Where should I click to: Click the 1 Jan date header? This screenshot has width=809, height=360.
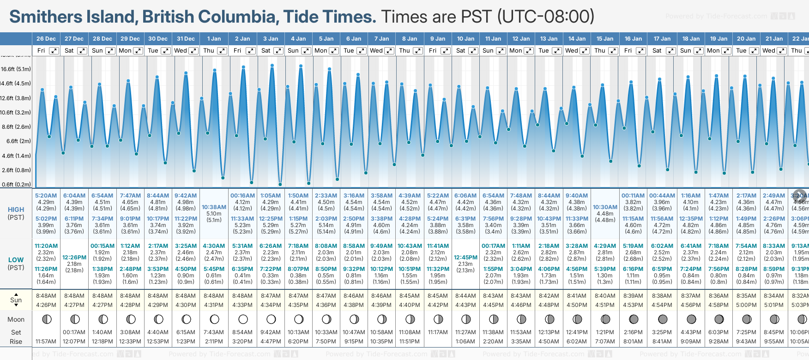pyautogui.click(x=214, y=39)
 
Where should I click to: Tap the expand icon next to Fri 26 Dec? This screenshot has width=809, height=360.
pyautogui.click(x=54, y=51)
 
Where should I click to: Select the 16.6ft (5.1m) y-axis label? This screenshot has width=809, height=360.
pyautogui.click(x=16, y=69)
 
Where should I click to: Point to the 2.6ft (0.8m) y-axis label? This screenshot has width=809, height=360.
pyautogui.click(x=16, y=170)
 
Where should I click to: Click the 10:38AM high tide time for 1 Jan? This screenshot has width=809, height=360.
pyautogui.click(x=214, y=207)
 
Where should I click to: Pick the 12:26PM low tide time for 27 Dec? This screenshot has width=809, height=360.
pyautogui.click(x=74, y=258)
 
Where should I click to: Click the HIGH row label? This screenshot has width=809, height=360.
pyautogui.click(x=16, y=210)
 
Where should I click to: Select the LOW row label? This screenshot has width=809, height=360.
pyautogui.click(x=16, y=260)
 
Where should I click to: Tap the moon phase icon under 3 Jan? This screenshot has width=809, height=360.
pyautogui.click(x=271, y=319)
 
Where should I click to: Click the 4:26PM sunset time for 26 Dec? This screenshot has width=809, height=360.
pyautogui.click(x=46, y=305)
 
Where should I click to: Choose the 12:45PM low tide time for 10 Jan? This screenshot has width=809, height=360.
pyautogui.click(x=465, y=258)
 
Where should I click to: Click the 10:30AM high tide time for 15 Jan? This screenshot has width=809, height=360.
pyautogui.click(x=605, y=207)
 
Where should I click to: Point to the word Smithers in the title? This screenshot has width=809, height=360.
pyautogui.click(x=40, y=17)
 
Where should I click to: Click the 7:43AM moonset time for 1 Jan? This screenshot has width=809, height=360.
pyautogui.click(x=214, y=332)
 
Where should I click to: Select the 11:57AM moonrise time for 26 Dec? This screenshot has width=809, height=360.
pyautogui.click(x=46, y=342)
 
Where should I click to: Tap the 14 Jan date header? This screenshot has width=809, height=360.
pyautogui.click(x=577, y=39)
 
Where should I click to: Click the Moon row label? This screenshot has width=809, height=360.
pyautogui.click(x=16, y=319)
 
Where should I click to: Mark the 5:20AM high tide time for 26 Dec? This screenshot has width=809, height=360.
pyautogui.click(x=46, y=196)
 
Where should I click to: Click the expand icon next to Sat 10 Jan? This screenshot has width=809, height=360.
pyautogui.click(x=473, y=51)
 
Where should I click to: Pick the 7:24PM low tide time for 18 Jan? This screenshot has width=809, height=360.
pyautogui.click(x=691, y=269)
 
